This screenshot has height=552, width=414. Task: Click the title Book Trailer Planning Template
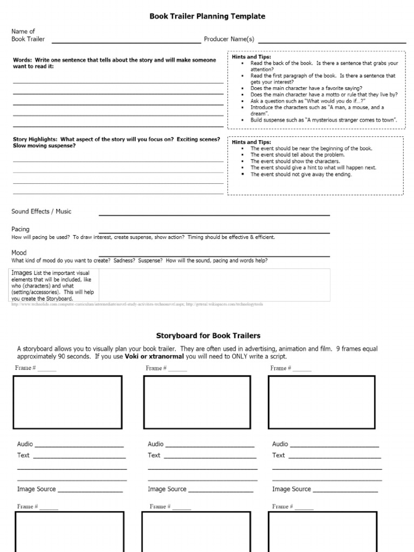coord(207,17)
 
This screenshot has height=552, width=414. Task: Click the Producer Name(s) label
coord(229,39)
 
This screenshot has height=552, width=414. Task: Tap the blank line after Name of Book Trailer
coord(125,40)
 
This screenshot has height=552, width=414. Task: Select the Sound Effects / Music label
coord(41,211)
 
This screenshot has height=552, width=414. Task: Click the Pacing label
coord(20,230)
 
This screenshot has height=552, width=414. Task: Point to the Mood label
coord(19,252)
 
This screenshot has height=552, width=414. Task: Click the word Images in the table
coord(22,273)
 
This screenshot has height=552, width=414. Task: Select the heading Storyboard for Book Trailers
coord(208,336)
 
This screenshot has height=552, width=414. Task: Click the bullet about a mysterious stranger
coord(323,120)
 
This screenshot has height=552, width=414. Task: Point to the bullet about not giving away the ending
coord(301,175)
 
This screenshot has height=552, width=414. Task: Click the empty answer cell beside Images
coord(214,285)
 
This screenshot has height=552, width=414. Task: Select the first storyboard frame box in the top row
coord(68,402)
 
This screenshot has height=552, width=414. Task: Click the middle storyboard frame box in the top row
coord(197,402)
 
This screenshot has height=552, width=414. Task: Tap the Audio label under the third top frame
coord(280,444)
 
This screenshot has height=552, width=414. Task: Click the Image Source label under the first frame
coord(37,489)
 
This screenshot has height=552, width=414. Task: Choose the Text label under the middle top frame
coord(154,456)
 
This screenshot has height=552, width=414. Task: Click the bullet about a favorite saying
coord(306,88)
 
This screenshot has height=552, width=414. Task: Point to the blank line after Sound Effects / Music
coord(214,214)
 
